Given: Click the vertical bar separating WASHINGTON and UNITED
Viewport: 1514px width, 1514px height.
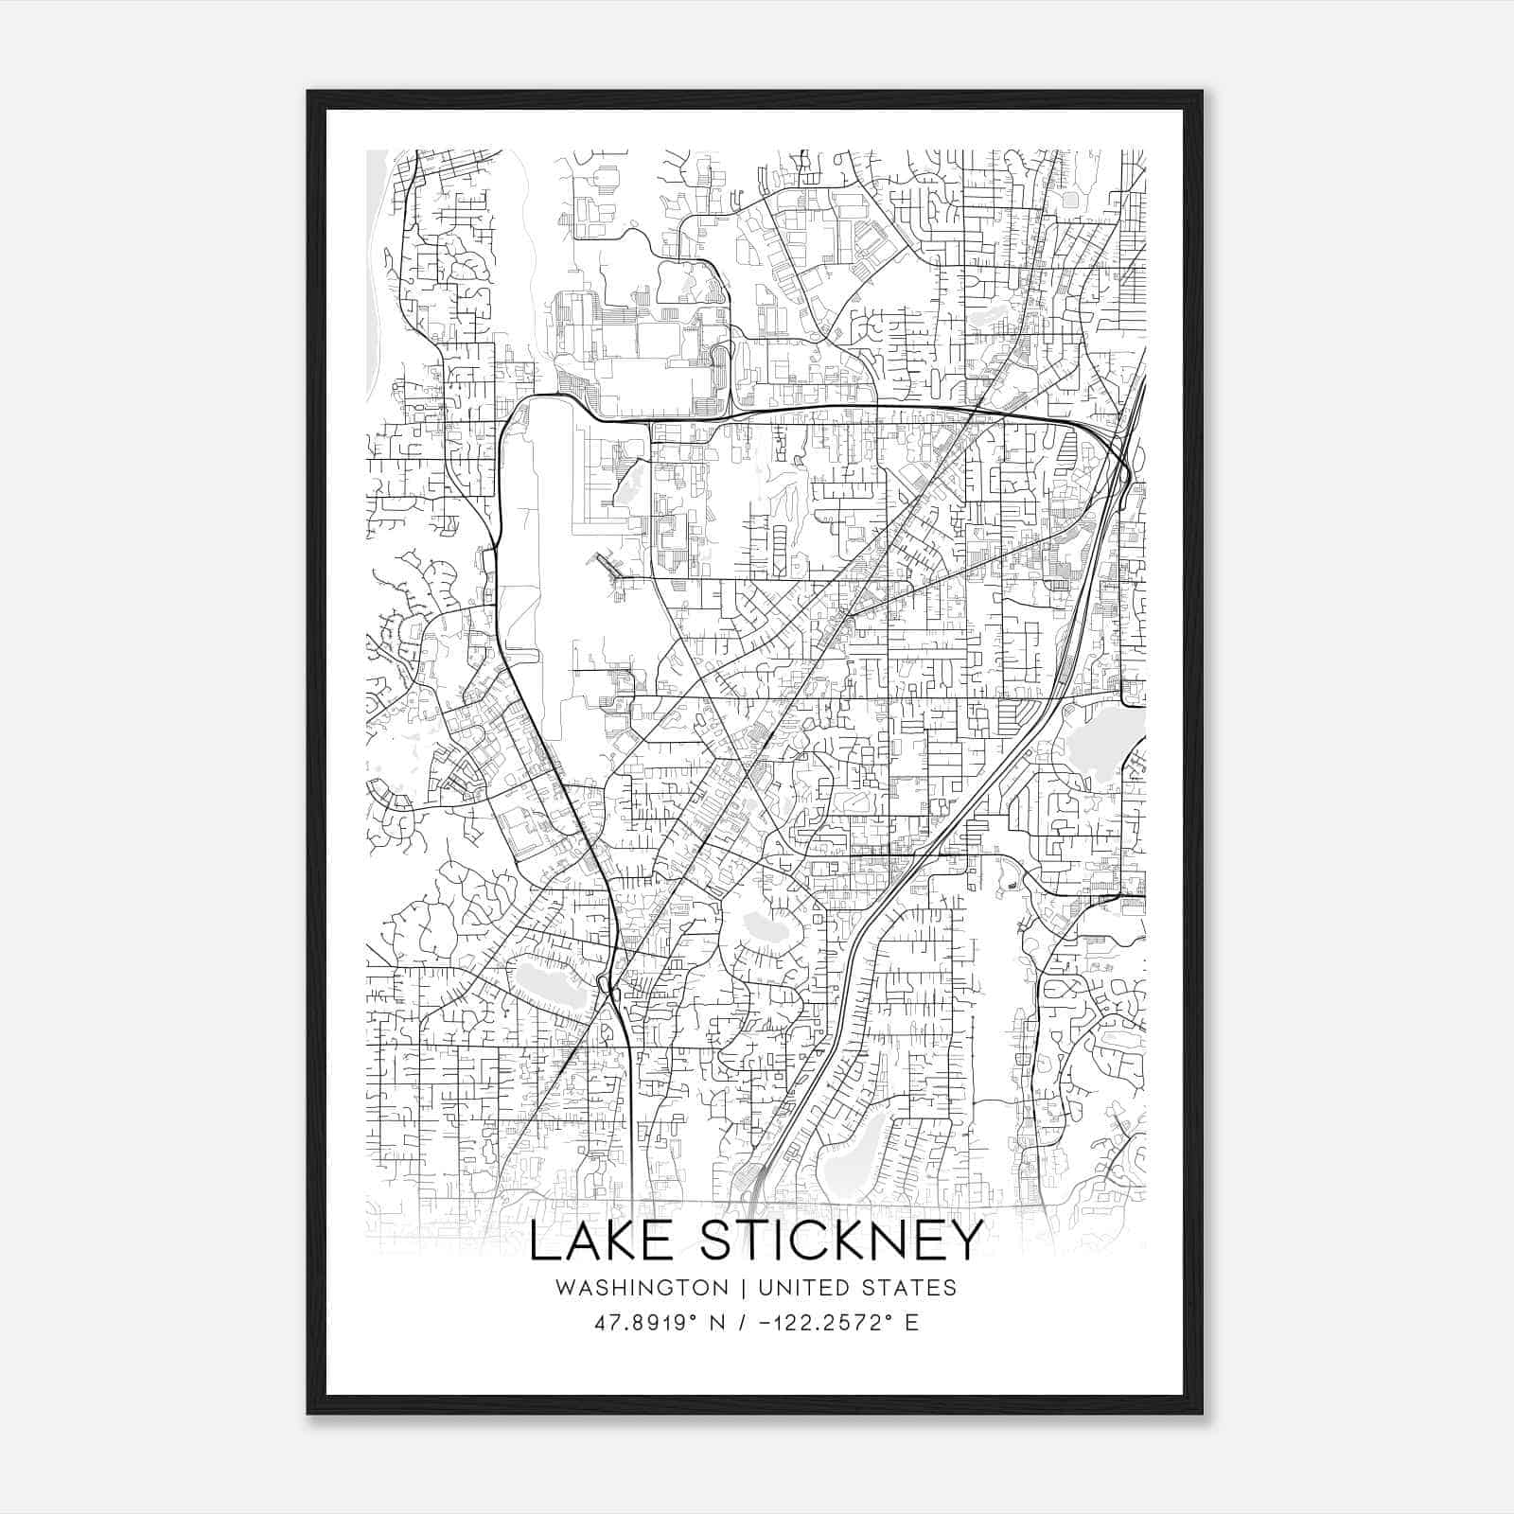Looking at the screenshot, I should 744,1288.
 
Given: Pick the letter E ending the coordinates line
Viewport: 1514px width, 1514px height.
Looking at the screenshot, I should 912,1323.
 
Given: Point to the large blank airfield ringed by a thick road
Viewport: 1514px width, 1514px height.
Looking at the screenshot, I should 544,549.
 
